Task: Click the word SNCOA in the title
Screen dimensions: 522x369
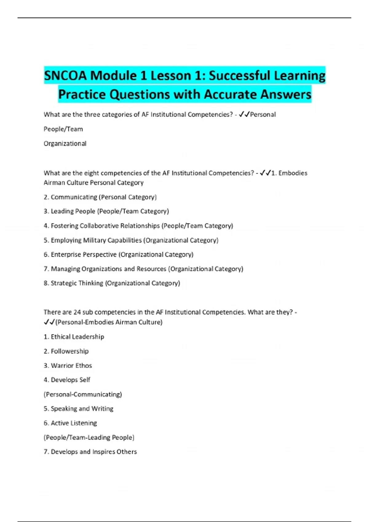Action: point(65,76)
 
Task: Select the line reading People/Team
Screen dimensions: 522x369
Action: point(63,129)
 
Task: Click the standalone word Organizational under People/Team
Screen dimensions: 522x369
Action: point(65,143)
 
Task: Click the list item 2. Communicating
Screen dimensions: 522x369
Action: point(100,197)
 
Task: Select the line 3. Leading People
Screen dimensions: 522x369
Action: point(106,211)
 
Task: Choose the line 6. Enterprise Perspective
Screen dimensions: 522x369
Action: point(118,254)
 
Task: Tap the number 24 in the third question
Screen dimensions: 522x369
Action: point(77,312)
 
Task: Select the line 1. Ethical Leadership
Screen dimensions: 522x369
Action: point(74,337)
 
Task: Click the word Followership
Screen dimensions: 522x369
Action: point(70,351)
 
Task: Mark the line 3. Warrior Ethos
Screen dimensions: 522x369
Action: point(68,365)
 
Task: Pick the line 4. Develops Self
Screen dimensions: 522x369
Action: point(67,380)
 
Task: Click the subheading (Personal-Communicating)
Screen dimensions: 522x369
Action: point(83,394)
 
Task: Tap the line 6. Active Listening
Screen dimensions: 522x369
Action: point(70,423)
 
